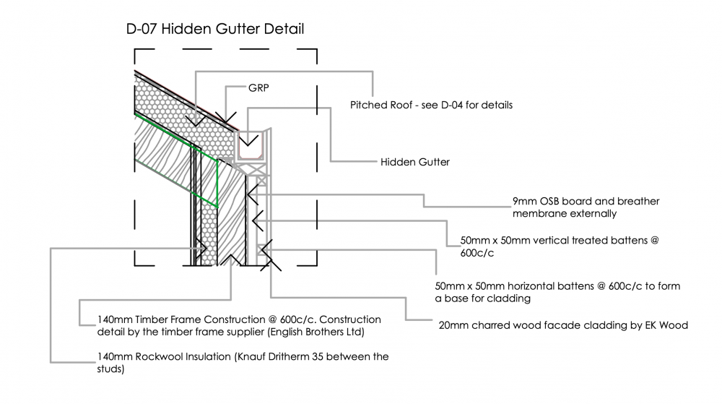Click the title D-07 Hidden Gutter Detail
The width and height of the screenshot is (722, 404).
point(215,29)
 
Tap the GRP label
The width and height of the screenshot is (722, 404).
point(258,88)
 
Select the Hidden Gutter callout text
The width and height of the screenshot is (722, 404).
point(415,162)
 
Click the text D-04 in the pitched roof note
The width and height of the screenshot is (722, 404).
point(452,105)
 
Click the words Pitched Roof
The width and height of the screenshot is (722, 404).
point(381,105)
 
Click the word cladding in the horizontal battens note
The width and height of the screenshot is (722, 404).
point(510,298)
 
